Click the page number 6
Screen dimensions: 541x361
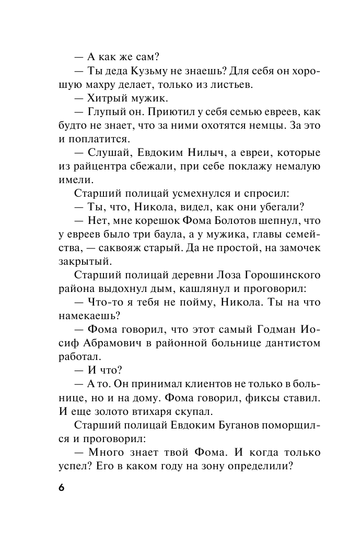click(61, 487)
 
